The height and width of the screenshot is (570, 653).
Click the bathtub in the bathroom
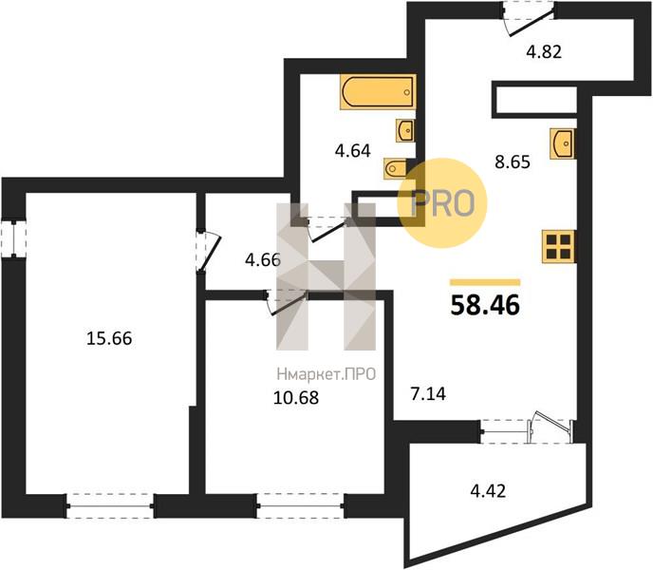(378, 92)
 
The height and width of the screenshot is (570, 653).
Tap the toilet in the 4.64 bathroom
(395, 168)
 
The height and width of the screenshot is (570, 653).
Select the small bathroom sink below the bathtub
(405, 131)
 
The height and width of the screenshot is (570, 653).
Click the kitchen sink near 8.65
(562, 143)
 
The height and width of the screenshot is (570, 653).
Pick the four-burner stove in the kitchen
(558, 246)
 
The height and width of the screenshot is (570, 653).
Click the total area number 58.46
(485, 305)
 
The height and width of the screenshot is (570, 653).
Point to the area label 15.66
(109, 338)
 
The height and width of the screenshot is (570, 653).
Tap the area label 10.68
(296, 397)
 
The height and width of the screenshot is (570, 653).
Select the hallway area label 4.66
(263, 260)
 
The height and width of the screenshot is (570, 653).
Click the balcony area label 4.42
(488, 491)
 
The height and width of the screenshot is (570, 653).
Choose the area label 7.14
(428, 393)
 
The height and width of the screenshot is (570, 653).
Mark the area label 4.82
(544, 51)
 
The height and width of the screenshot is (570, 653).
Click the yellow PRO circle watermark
(442, 203)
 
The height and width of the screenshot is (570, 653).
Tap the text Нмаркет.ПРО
(326, 374)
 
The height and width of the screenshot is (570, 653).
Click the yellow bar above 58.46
(485, 282)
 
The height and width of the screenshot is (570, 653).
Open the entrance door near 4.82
(528, 19)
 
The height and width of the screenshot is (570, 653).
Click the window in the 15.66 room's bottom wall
(110, 505)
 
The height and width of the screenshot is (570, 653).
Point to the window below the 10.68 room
(301, 505)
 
